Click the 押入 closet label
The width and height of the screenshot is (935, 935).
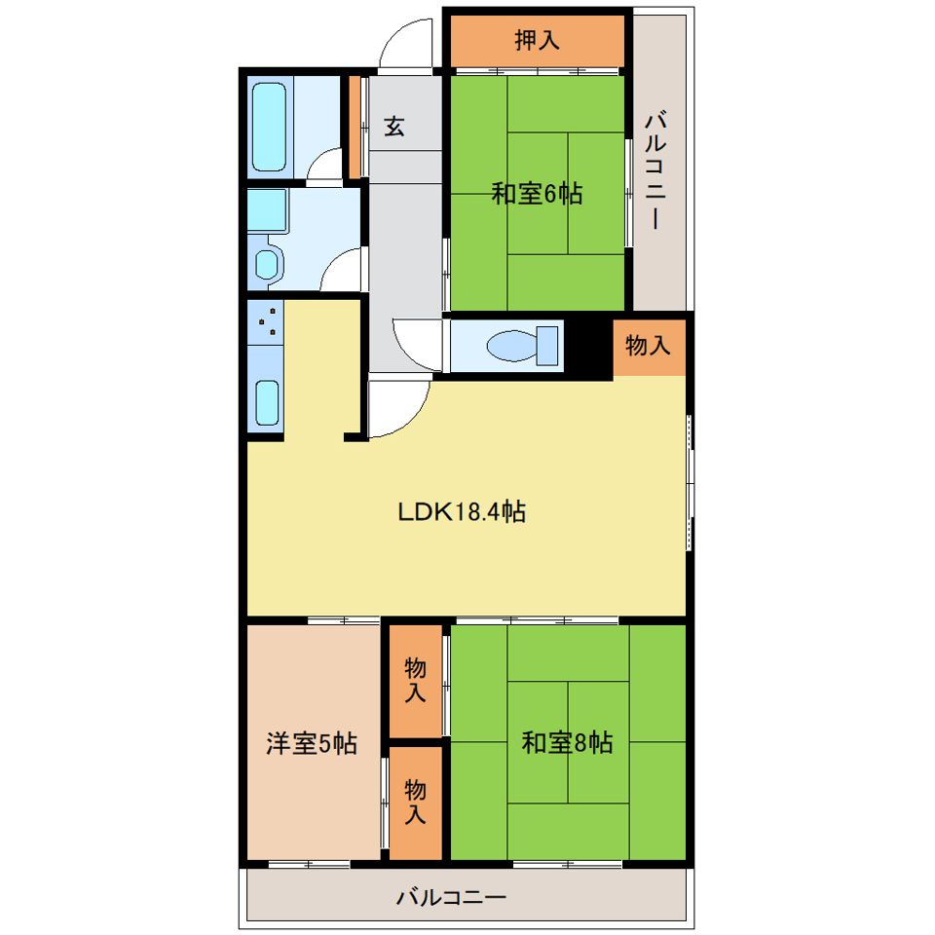click(538, 40)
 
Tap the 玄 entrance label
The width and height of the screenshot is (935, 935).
click(394, 127)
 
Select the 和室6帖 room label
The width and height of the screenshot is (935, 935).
click(537, 194)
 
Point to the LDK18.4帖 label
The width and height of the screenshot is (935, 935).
click(462, 511)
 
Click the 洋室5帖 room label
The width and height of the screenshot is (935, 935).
click(312, 743)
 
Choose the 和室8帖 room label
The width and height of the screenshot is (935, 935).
click(567, 742)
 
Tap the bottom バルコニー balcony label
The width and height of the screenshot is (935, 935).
click(451, 897)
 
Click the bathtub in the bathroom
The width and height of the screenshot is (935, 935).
click(269, 127)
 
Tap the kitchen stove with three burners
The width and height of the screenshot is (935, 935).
click(265, 322)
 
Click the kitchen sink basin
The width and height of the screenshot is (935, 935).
click(267, 402)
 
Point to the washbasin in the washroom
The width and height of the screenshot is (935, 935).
click(267, 264)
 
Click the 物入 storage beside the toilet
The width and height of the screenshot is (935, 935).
click(649, 346)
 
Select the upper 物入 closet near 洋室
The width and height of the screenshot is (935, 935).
click(416, 681)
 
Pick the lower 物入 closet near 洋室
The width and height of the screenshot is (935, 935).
click(416, 803)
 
